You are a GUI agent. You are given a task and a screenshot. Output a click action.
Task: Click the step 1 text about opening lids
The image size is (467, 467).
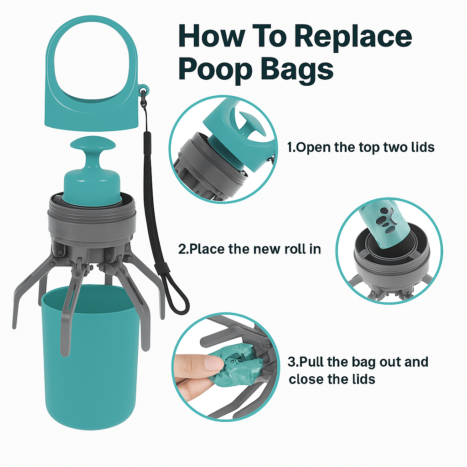[360, 147]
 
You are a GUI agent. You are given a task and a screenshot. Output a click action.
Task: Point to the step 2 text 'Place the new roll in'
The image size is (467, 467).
[249, 249]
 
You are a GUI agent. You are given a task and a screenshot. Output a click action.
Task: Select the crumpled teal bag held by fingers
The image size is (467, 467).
[237, 363]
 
